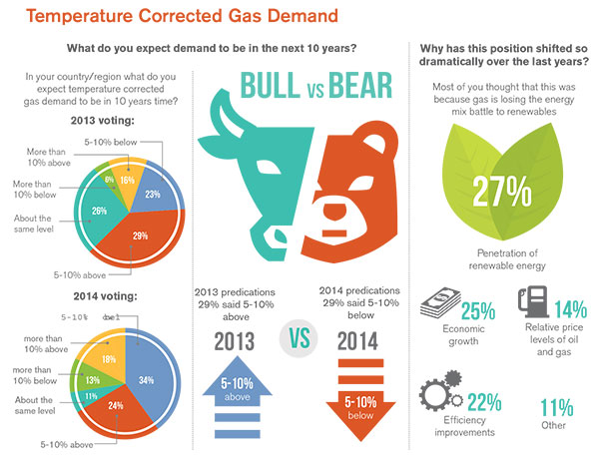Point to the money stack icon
[x=440, y=303]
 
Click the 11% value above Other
[x=554, y=407]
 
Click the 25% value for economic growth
[x=479, y=309]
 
